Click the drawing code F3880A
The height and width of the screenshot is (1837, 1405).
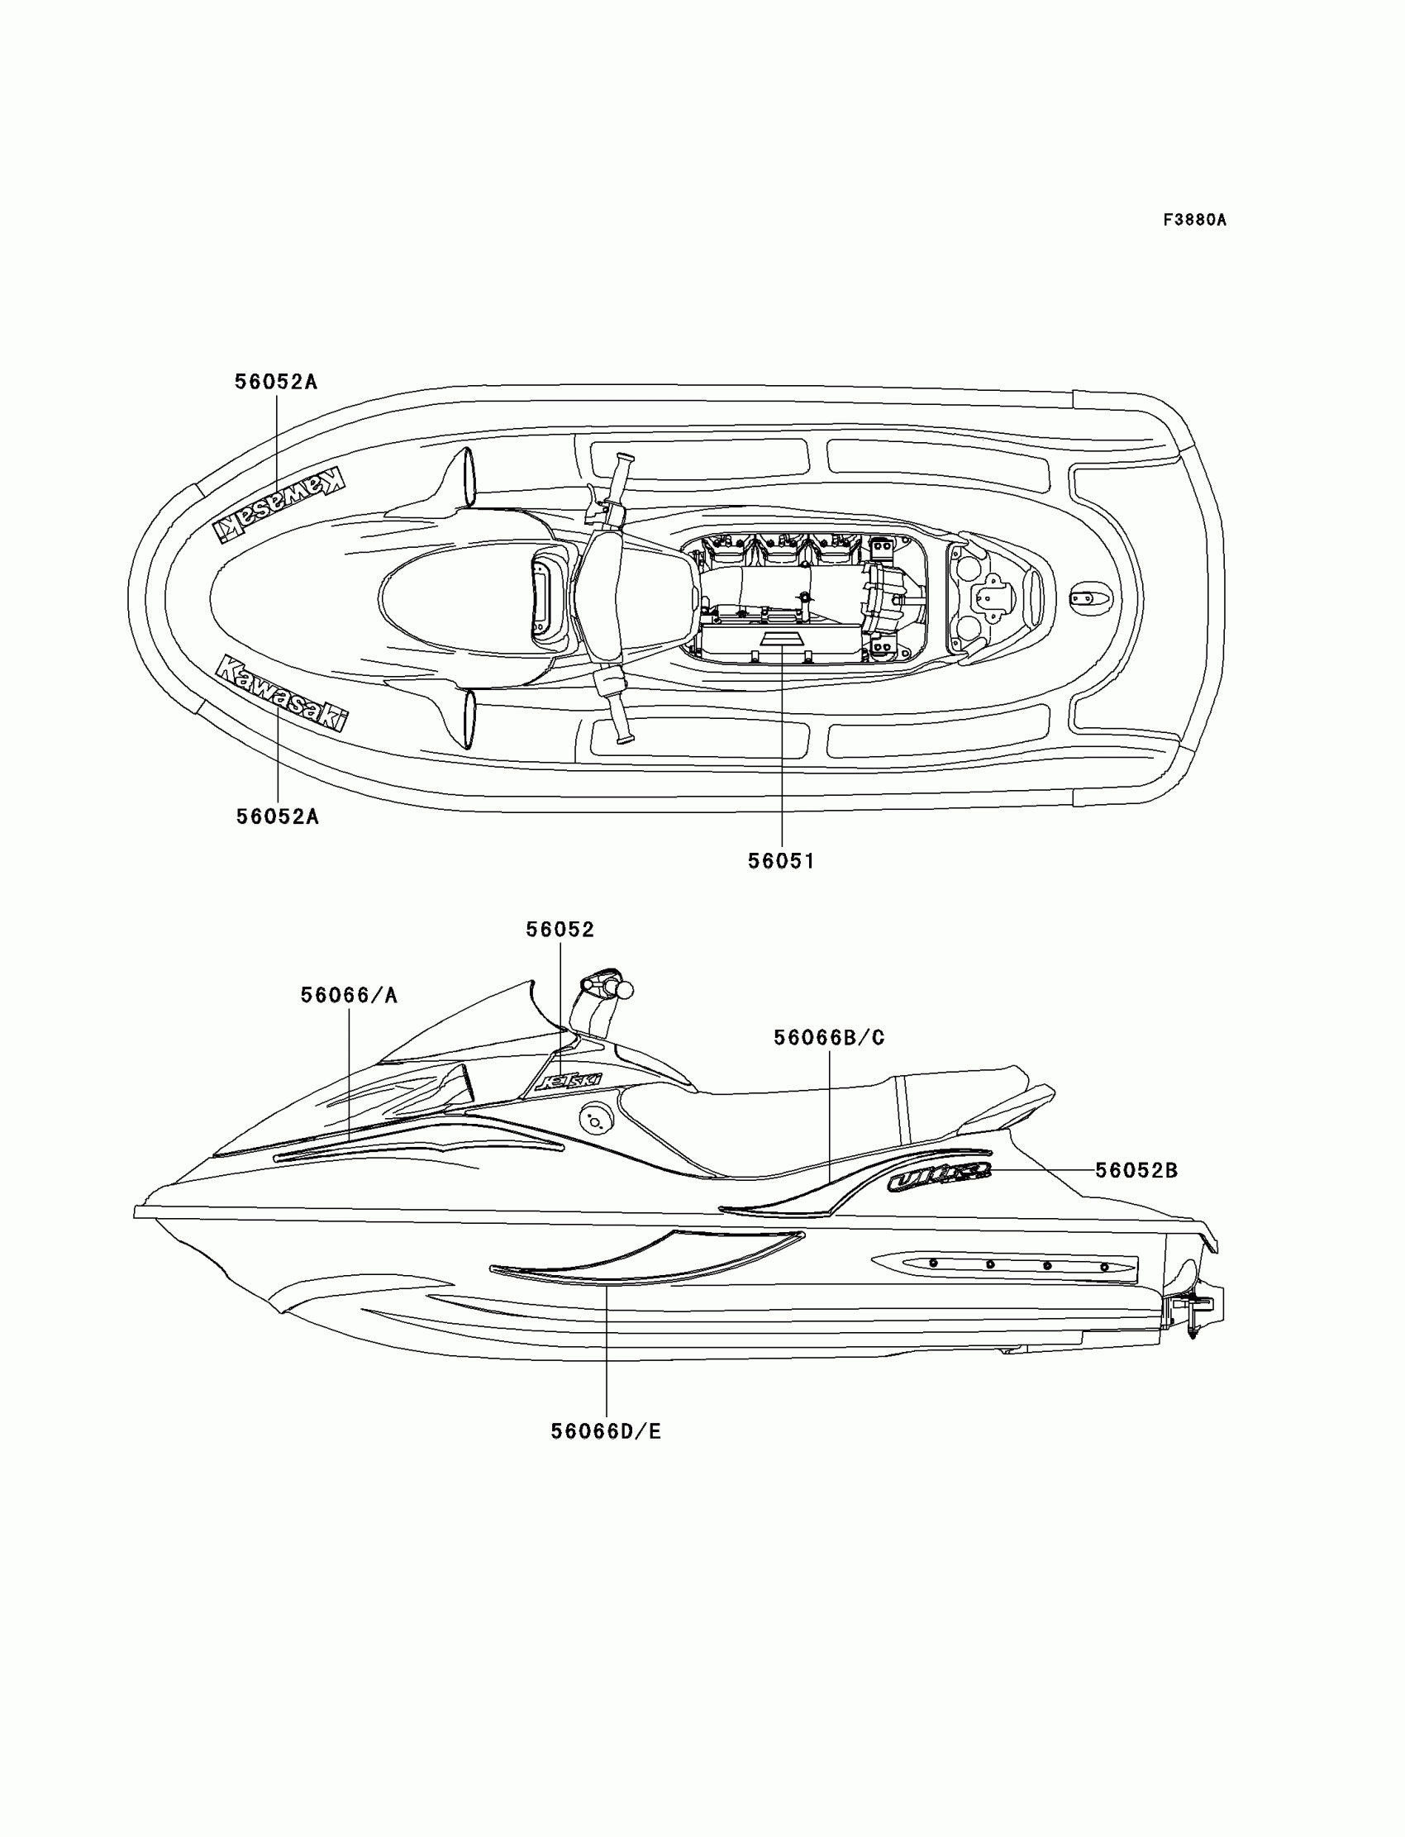tap(1194, 220)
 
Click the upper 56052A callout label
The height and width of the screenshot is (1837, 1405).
tap(276, 382)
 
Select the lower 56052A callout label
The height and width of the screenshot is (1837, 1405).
tap(278, 816)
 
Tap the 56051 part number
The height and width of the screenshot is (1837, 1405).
tap(781, 860)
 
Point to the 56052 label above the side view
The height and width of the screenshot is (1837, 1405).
tap(560, 930)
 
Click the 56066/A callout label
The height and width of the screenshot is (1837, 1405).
tap(349, 995)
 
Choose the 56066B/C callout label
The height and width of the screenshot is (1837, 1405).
tap(829, 1038)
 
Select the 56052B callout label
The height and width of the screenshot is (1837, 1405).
tap(1136, 1171)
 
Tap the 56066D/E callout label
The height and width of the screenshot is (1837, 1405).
tap(606, 1431)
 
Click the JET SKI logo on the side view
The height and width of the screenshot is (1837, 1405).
tap(568, 1081)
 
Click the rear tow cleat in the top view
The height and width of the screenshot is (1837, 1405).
tap(1092, 597)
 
